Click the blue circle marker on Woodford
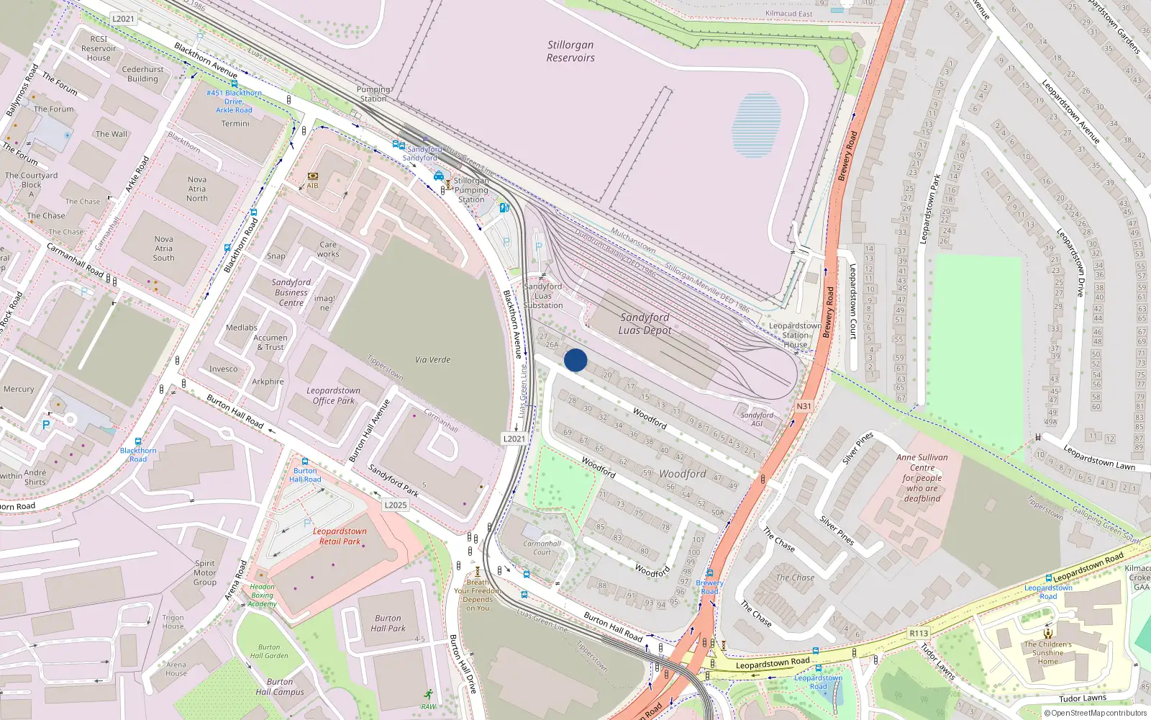point(575,360)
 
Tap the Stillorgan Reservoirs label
point(570,51)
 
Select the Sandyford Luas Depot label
point(645,323)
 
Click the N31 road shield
point(804,406)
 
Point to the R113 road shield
point(919,633)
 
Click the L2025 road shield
point(396,505)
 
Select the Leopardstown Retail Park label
point(340,536)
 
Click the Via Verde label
point(432,359)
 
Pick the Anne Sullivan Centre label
point(922,477)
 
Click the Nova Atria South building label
point(163,248)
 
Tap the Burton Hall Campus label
point(280,687)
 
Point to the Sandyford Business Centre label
point(291,292)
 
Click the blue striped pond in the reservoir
point(756,125)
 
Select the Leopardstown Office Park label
point(334,395)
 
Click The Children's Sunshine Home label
point(1047,652)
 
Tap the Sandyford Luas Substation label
point(543,295)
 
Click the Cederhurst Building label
point(142,74)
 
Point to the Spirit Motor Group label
point(205,572)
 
